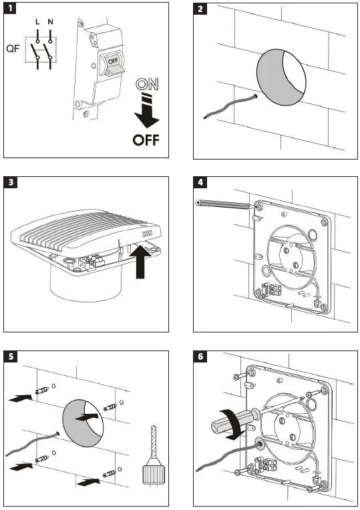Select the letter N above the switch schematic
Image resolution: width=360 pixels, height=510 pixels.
pos(50,22)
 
